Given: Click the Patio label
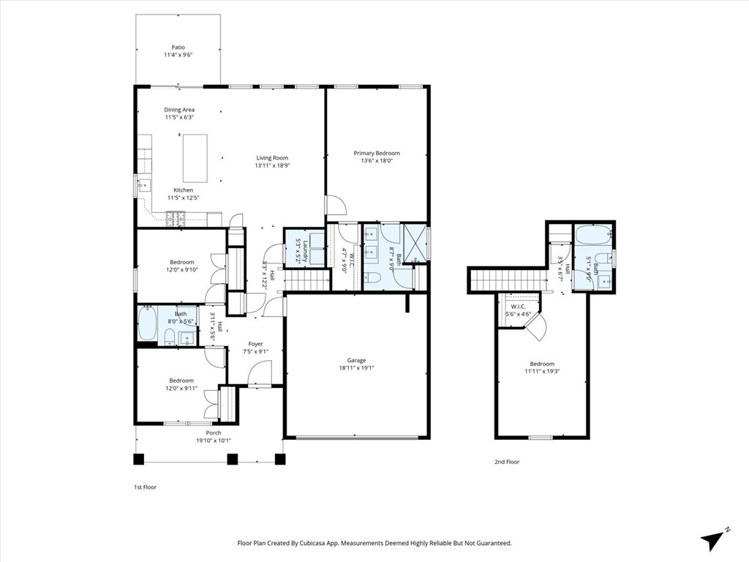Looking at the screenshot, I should coord(178,47).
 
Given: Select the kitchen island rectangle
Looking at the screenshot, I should coord(195,158).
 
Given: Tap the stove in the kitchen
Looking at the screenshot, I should coord(176,217).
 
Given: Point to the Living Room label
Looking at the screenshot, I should coord(272,158).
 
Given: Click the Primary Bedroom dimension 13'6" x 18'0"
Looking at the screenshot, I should coord(377,162).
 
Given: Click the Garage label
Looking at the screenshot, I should coord(356,360).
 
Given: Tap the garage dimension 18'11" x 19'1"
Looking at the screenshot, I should coord(356,368).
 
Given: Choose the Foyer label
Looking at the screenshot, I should coord(255,344).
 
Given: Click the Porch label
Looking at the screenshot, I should coord(213,432).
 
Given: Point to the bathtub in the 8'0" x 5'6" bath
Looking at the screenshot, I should coord(147,325).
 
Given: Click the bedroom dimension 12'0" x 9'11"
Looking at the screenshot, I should coord(181,389).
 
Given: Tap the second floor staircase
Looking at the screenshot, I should coord(506,280).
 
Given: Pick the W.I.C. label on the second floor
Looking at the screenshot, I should coord(519,307).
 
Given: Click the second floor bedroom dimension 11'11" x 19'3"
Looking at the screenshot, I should coord(542,372).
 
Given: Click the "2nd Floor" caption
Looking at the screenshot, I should coord(507,462).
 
